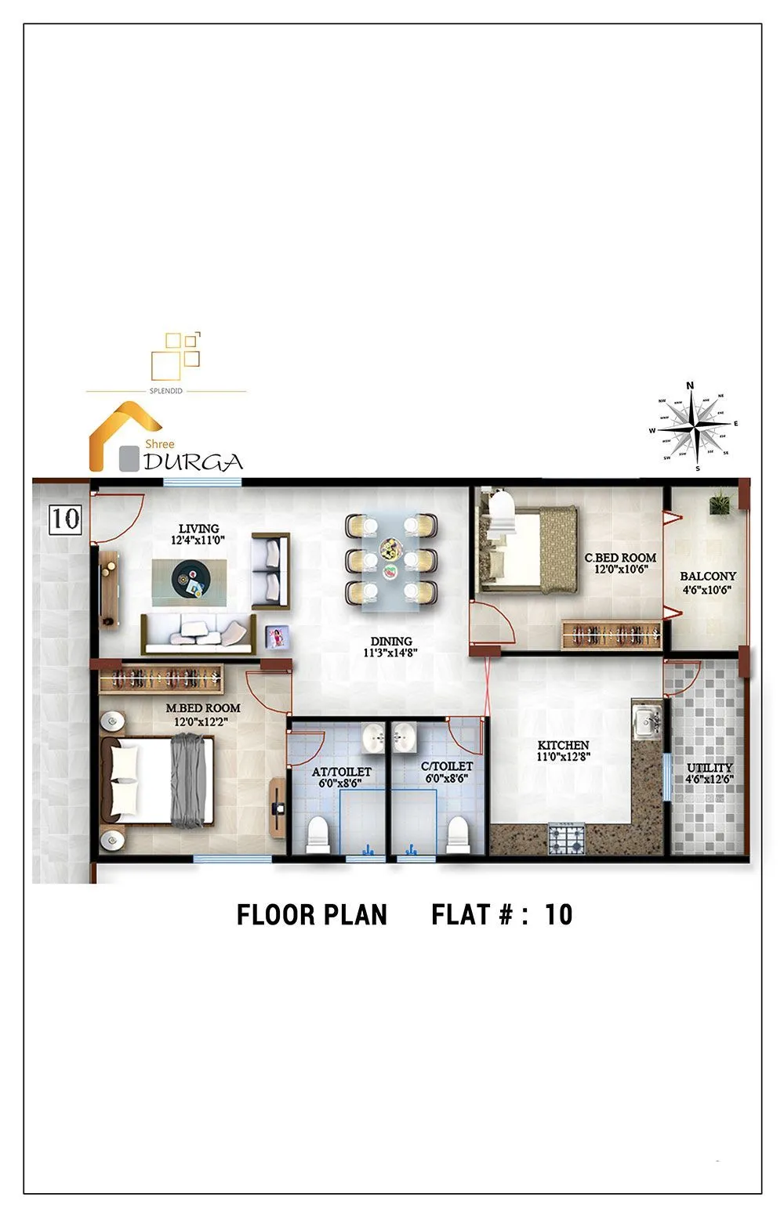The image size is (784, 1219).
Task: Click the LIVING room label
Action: point(198,529)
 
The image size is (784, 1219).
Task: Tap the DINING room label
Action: point(391,641)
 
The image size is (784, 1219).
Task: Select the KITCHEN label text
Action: point(563,745)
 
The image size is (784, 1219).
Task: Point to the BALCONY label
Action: point(707,576)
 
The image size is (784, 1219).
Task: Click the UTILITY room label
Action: point(709,768)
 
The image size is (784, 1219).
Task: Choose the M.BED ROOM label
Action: point(202,708)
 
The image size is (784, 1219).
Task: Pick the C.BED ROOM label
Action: point(620,558)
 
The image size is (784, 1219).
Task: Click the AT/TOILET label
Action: point(341,772)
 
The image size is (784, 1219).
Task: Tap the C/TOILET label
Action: point(446,766)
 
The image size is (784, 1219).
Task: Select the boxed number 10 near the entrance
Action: point(66,518)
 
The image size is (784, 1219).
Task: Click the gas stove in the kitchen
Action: point(566,838)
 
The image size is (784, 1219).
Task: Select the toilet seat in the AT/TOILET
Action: point(318,834)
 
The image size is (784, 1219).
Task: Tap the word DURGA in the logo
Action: point(193,462)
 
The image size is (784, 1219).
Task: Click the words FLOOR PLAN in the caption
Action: point(311,915)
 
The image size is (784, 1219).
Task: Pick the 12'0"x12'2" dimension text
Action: point(201,721)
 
